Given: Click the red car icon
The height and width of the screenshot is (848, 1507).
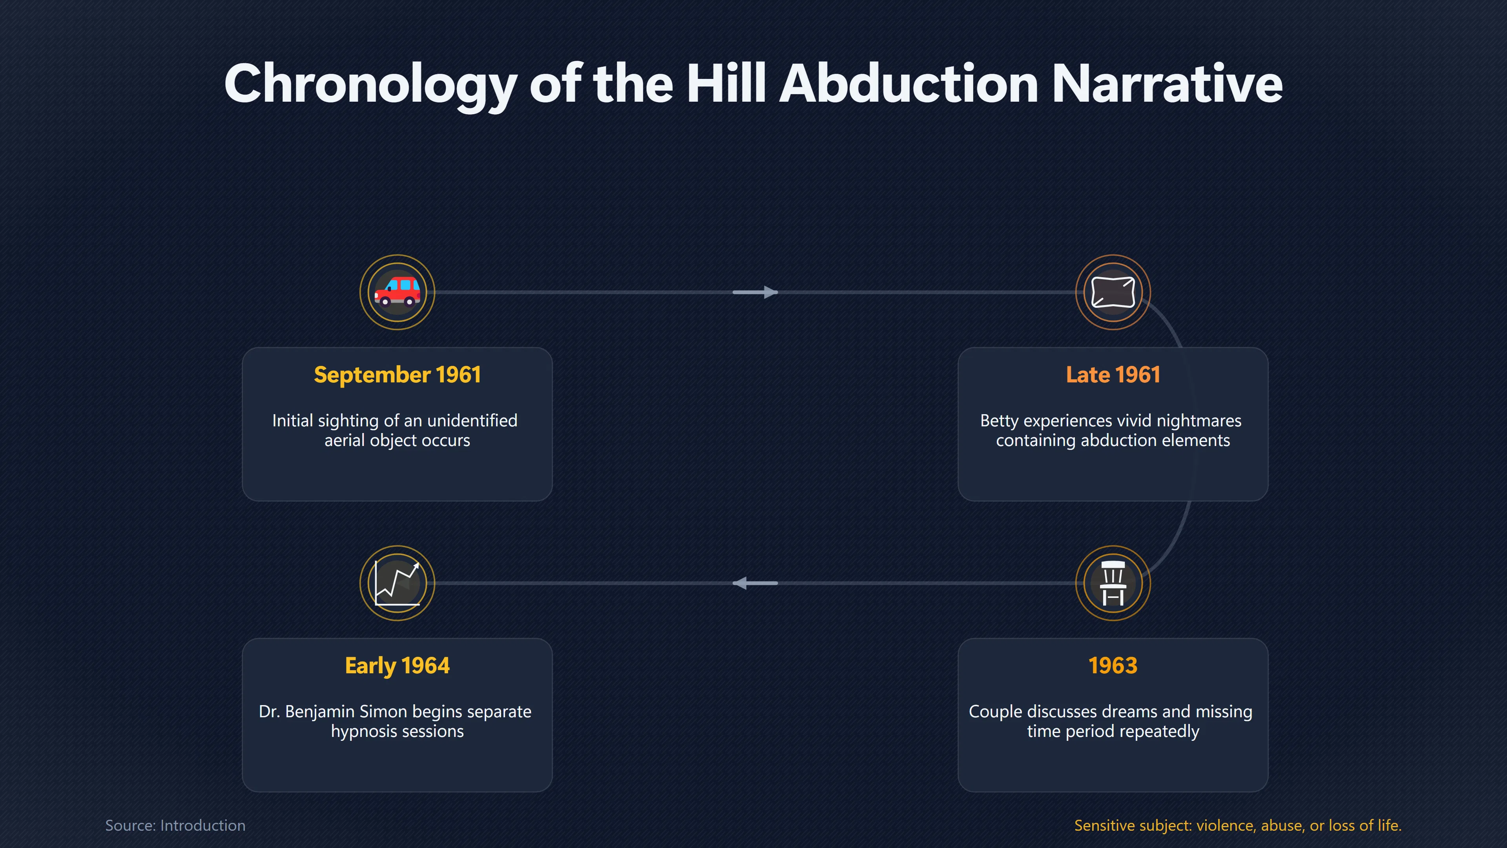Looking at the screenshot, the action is [x=397, y=291].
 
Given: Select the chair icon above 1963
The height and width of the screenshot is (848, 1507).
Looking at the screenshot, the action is [x=1113, y=583].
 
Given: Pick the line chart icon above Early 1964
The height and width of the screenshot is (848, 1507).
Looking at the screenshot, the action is [x=397, y=583].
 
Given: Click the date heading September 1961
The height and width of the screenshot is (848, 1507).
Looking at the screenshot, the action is [x=397, y=375].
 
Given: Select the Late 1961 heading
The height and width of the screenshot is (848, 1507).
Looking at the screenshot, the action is [x=1113, y=375].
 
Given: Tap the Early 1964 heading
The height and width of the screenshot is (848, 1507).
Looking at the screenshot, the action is [x=397, y=665].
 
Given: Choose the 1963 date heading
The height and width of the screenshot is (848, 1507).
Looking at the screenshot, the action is [x=1113, y=665].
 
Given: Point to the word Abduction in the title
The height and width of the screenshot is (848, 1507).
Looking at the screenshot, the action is [x=909, y=83].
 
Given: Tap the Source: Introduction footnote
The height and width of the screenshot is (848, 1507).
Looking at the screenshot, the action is [x=175, y=825].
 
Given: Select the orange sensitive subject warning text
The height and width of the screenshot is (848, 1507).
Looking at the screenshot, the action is [x=1238, y=825].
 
